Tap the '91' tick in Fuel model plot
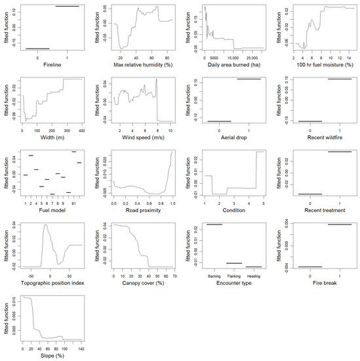click(x=75, y=204)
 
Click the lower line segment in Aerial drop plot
click(x=219, y=121)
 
